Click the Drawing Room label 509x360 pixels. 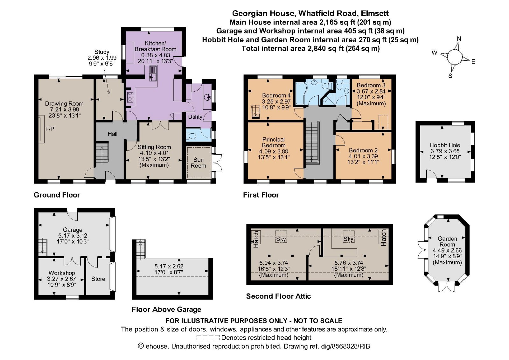pos(64,104)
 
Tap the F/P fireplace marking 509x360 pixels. pos(50,129)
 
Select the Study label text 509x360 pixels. pos(102,52)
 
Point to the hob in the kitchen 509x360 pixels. pos(130,97)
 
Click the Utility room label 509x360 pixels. pos(195,117)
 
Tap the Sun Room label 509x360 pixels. pos(198,163)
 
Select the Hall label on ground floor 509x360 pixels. pos(112,134)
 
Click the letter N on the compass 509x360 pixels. pos(459,39)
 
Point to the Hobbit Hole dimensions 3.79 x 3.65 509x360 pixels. pos(445,151)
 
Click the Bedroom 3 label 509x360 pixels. pos(371,85)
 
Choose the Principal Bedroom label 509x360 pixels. pos(274,142)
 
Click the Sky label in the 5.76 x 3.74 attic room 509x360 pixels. pos(348,239)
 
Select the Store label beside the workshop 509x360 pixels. pos(98,279)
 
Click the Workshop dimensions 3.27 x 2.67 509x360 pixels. pos(61,279)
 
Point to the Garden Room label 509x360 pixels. pos(447,241)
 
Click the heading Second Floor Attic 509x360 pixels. pos(278,296)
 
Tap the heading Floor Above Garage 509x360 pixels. pos(166,309)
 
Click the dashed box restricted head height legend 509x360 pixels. pos(208,338)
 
